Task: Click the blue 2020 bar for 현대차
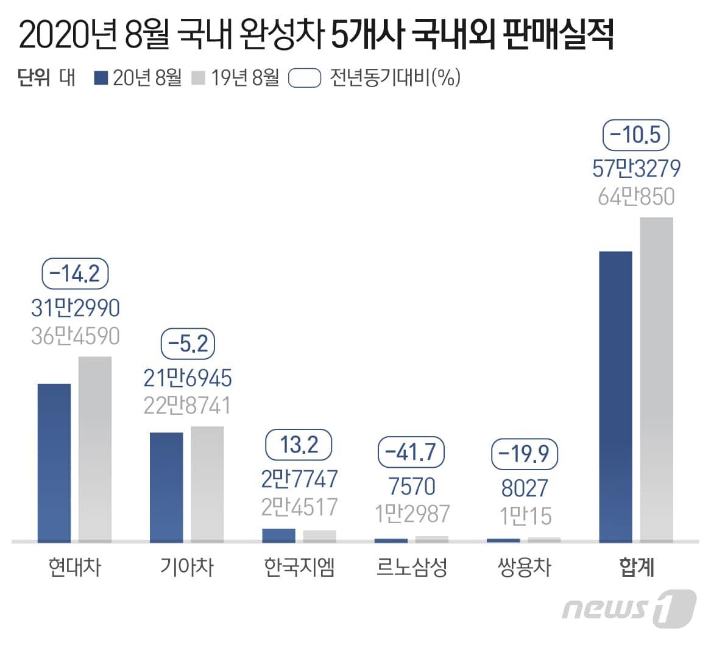[54, 462]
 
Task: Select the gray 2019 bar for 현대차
[95, 449]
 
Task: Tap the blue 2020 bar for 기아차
[166, 487]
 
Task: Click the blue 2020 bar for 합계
[616, 396]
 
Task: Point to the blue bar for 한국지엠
[278, 535]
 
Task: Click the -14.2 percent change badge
[75, 274]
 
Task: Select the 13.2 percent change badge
[299, 445]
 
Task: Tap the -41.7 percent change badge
[412, 452]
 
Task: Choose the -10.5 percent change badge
[636, 135]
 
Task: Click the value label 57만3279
[636, 168]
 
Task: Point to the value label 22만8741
[188, 405]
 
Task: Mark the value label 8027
[524, 488]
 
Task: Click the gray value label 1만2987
[412, 514]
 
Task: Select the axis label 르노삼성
[412, 567]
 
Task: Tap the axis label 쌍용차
[524, 567]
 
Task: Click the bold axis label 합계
[636, 567]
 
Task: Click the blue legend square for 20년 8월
[102, 79]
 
